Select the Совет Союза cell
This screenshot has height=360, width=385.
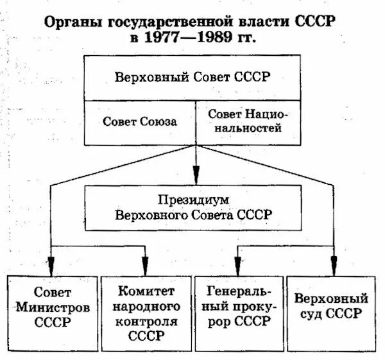pos(140,121)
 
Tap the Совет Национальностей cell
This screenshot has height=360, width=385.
pos(247,121)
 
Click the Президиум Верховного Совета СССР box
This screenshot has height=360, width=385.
pos(193,207)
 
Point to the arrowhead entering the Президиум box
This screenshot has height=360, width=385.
pos(196,176)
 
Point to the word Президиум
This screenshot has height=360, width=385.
pos(193,200)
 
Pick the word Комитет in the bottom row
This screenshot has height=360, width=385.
pos(146,291)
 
